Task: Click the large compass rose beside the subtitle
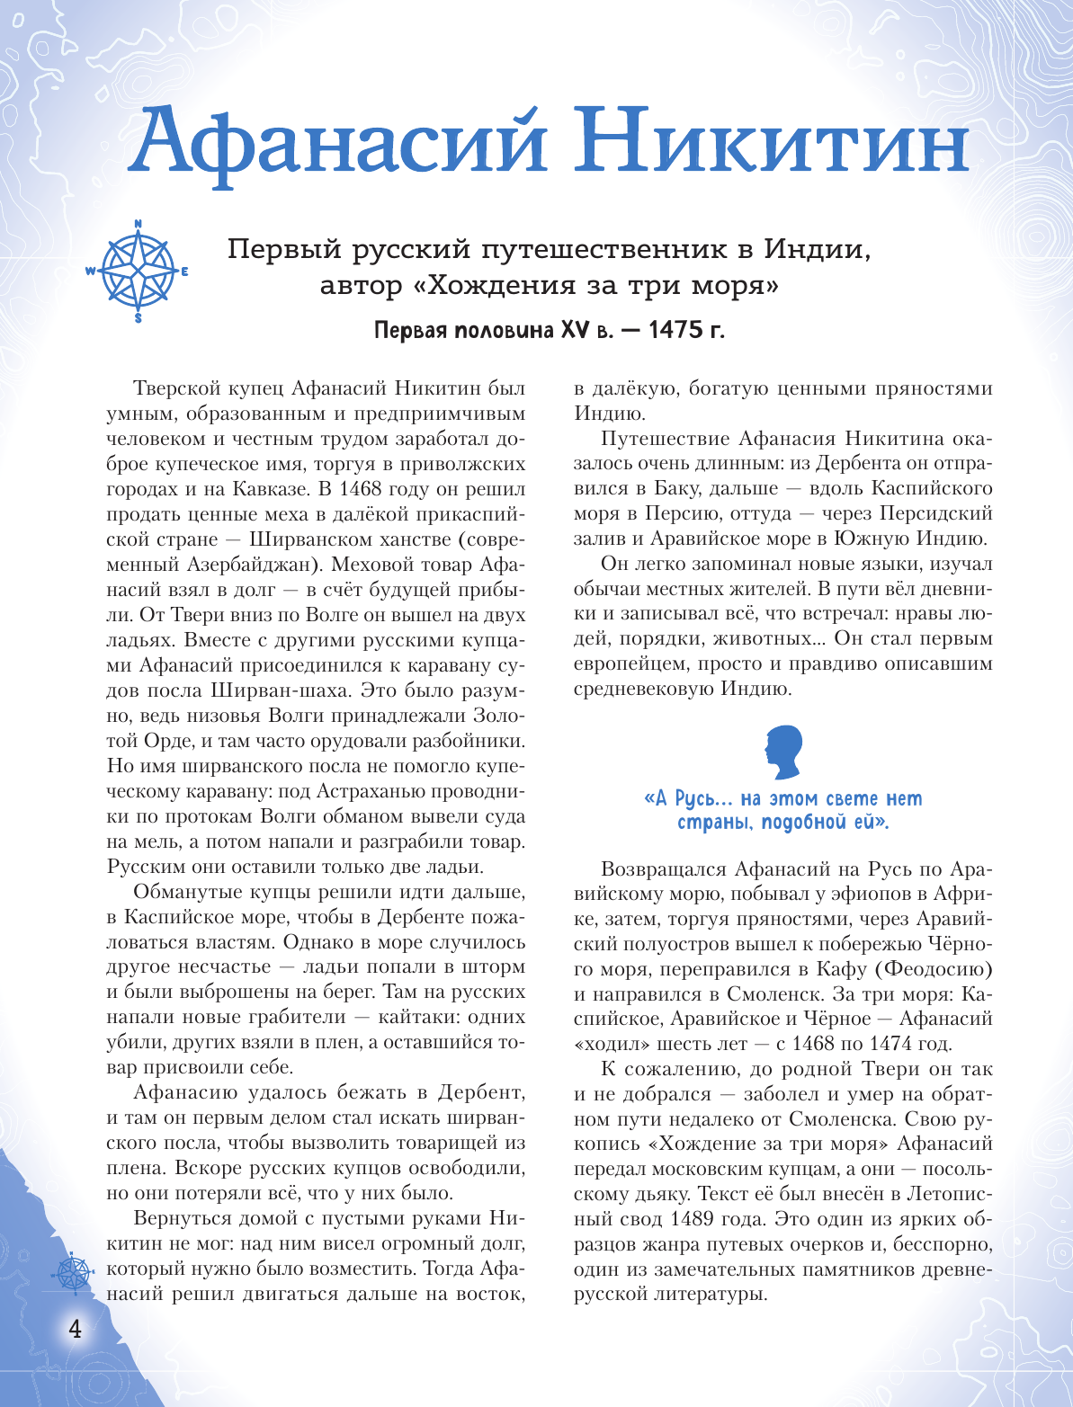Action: (138, 271)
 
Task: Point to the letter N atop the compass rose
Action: (138, 224)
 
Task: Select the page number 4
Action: (76, 1329)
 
